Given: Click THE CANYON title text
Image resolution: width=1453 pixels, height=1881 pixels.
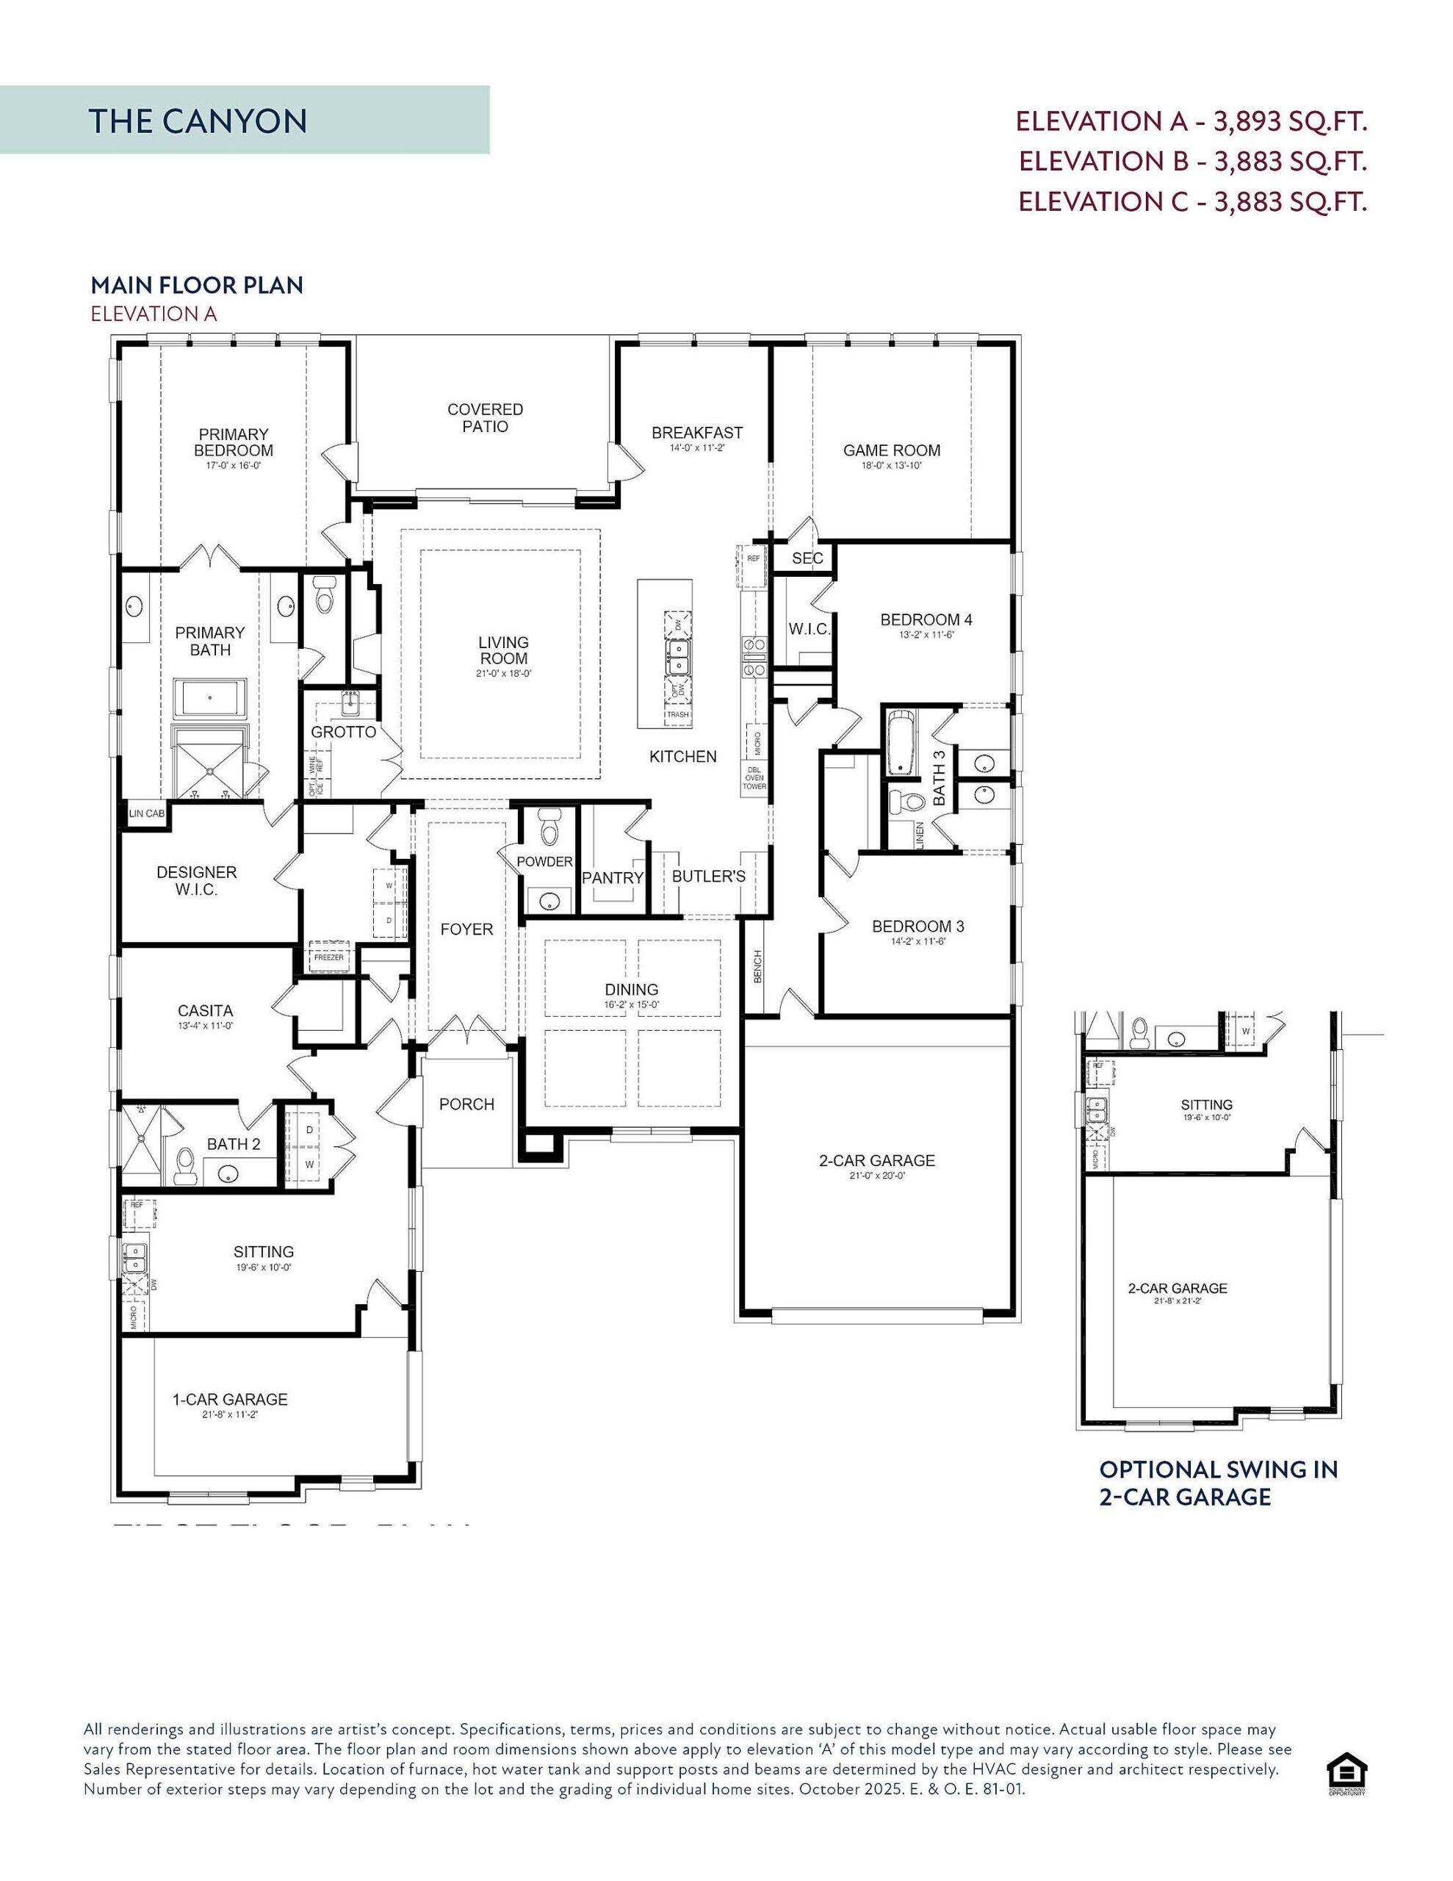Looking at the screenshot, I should (198, 121).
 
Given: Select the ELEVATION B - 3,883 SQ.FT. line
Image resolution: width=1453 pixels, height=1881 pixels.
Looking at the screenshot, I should (1192, 161).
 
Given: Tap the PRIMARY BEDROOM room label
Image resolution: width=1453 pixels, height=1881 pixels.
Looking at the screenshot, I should (234, 442).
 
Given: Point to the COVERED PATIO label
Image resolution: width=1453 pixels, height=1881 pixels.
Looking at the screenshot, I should (485, 417).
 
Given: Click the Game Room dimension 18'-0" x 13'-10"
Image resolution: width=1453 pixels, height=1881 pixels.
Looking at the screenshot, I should (892, 466).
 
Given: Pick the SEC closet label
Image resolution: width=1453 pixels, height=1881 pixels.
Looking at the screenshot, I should (807, 558).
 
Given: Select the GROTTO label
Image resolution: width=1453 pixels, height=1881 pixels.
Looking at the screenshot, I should (344, 732).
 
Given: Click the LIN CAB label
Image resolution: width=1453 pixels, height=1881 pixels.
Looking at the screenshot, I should (146, 813).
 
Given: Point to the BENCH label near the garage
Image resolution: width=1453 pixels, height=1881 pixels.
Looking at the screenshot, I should (758, 966).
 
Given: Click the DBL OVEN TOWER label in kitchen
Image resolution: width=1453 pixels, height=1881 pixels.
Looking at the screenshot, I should (754, 777).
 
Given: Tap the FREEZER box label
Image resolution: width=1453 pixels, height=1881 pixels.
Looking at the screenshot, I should (329, 957).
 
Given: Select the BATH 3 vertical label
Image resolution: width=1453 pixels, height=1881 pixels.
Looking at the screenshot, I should (940, 777).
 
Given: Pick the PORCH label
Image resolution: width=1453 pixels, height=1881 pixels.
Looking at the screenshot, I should (466, 1104).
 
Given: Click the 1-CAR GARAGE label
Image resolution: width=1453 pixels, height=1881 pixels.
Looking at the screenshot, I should (230, 1400).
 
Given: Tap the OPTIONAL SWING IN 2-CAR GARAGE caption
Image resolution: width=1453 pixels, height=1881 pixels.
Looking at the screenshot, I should (1218, 1482).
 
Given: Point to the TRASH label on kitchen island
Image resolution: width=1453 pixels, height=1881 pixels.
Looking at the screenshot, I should (678, 714).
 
